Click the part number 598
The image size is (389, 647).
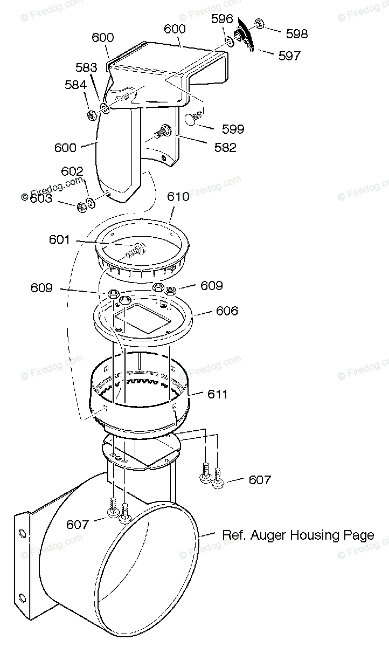(x=297, y=33)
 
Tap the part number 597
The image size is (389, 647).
(x=289, y=55)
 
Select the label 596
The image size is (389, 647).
(x=222, y=19)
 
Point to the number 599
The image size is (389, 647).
(x=233, y=129)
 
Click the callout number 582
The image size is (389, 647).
(x=225, y=148)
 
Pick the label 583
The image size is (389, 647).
(x=86, y=68)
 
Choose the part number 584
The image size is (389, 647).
(x=75, y=85)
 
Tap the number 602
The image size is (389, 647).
(x=72, y=171)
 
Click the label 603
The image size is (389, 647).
(x=40, y=198)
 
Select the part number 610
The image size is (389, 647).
(x=178, y=197)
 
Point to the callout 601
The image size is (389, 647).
(x=60, y=238)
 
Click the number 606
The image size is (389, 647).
(x=227, y=311)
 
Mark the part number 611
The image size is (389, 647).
(x=217, y=395)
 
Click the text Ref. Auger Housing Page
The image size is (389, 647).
(x=297, y=535)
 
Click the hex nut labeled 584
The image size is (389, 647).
(x=92, y=114)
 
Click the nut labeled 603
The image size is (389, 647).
(x=82, y=205)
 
